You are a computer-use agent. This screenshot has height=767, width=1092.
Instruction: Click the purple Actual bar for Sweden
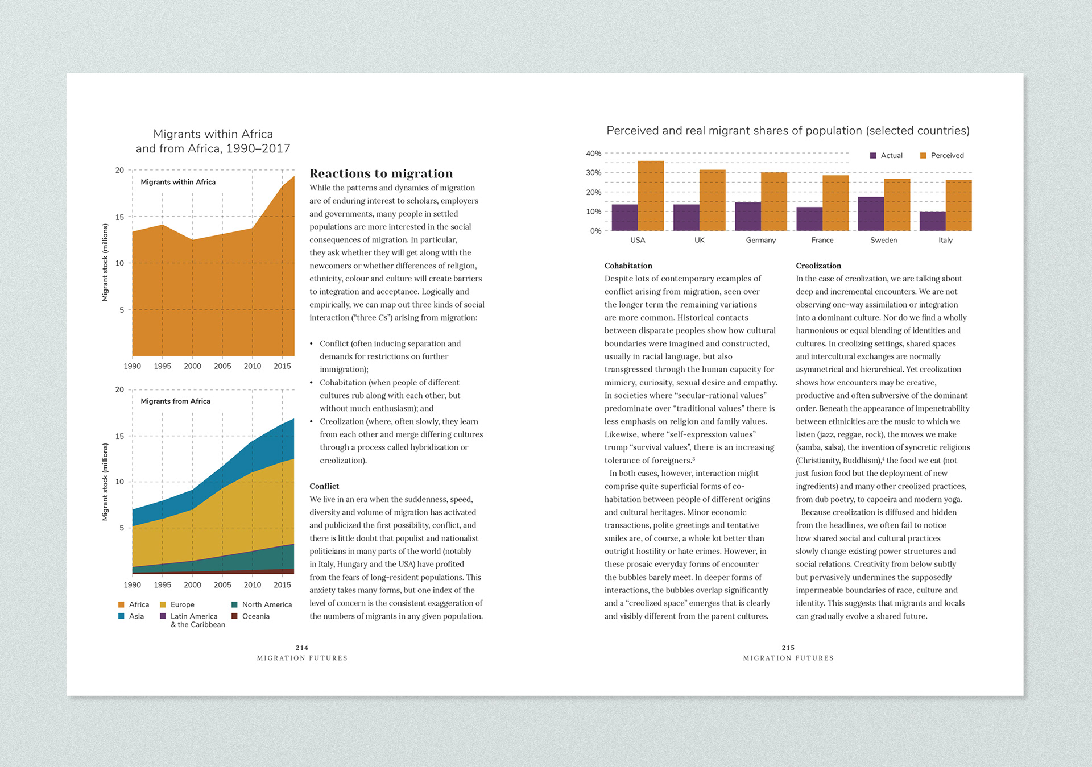click(x=871, y=214)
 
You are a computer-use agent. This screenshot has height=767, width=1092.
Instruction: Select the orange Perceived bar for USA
click(x=651, y=196)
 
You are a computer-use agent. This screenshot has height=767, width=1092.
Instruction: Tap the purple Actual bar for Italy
click(x=932, y=221)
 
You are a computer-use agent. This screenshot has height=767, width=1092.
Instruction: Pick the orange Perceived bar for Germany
click(x=774, y=202)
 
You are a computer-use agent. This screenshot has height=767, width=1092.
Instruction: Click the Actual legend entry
click(x=886, y=155)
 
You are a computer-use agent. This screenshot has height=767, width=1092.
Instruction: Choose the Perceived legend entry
click(x=942, y=155)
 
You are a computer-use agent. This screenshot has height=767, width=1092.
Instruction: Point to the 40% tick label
click(x=594, y=154)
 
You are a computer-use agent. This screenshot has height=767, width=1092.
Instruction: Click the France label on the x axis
click(x=822, y=240)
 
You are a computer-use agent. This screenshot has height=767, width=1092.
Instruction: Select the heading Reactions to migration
click(x=381, y=173)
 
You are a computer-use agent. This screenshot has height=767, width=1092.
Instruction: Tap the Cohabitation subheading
click(x=628, y=266)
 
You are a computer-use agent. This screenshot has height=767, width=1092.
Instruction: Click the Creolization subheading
click(x=818, y=266)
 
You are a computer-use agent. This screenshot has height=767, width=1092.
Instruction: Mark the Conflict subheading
click(x=324, y=486)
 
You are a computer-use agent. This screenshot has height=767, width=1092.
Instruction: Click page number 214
click(x=302, y=648)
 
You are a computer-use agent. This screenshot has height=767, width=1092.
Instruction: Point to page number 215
click(x=788, y=648)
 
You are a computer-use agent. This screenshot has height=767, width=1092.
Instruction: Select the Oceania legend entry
click(x=250, y=616)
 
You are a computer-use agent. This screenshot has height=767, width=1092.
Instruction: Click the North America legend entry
click(x=262, y=604)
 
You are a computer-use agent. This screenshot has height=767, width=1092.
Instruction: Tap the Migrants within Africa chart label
click(x=178, y=182)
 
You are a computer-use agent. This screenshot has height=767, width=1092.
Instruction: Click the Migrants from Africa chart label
click(x=175, y=401)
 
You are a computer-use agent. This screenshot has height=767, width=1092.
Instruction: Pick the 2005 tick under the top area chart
click(x=222, y=366)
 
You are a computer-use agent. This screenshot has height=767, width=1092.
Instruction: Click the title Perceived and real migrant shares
click(x=788, y=131)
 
